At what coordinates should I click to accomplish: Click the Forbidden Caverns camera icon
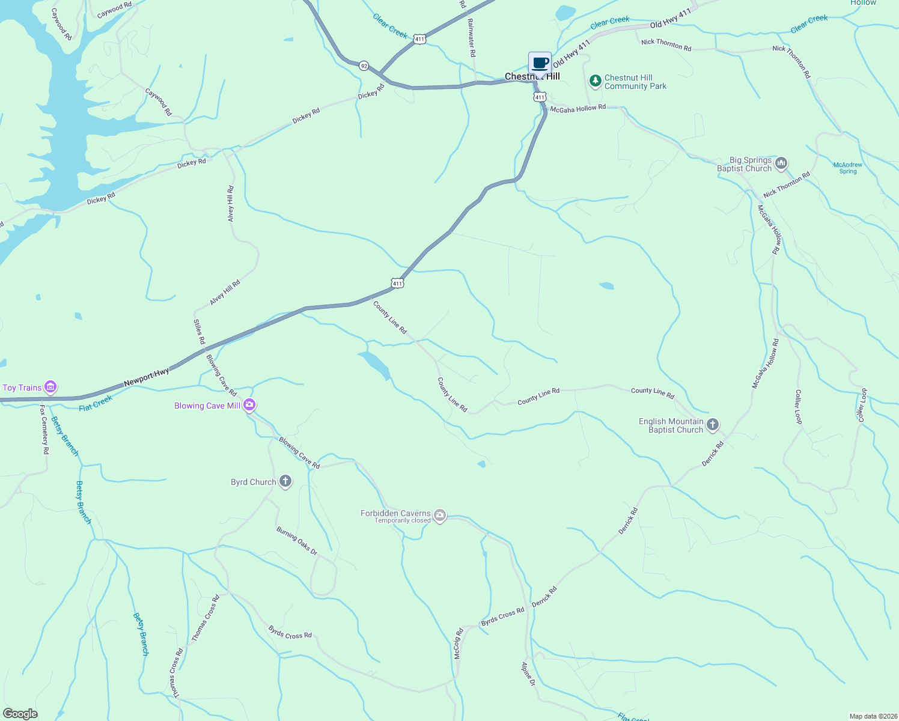[440, 516]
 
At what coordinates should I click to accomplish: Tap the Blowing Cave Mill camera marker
[249, 406]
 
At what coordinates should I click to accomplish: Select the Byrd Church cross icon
[285, 481]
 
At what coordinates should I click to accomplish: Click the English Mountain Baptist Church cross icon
[712, 425]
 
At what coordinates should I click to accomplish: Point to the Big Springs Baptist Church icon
[781, 163]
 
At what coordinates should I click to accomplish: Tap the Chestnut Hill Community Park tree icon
[595, 81]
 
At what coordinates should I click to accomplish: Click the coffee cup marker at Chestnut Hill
[540, 63]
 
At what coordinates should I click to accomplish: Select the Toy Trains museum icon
[51, 387]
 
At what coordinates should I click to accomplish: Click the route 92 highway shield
[364, 65]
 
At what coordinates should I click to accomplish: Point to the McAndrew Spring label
[847, 168]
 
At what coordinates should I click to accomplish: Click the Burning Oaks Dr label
[297, 540]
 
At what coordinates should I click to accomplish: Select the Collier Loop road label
[799, 407]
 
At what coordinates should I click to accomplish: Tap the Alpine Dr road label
[528, 674]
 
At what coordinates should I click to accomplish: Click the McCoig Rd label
[458, 643]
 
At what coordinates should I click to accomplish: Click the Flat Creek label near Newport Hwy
[96, 403]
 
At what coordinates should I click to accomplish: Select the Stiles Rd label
[199, 332]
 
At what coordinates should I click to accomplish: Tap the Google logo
[20, 713]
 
